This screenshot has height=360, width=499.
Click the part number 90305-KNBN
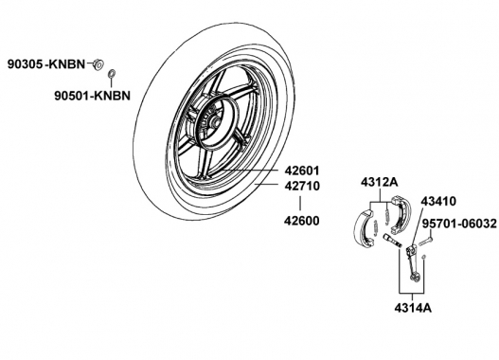(46, 64)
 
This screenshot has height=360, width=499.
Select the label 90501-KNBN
(92, 96)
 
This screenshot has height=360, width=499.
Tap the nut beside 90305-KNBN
(98, 64)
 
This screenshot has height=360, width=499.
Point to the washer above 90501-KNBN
(112, 73)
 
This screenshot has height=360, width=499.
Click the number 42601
(302, 171)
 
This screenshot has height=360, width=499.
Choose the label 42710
(302, 186)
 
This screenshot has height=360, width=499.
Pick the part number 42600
(302, 221)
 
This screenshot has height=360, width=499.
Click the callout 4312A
(380, 183)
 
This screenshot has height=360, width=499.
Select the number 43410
(438, 201)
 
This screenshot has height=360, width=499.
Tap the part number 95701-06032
(459, 224)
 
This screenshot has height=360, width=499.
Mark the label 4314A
(413, 308)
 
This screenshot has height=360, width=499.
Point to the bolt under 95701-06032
(424, 241)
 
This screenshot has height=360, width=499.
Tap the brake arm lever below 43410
(413, 262)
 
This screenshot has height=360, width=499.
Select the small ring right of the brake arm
(423, 257)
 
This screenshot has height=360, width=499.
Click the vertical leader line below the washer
(112, 82)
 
